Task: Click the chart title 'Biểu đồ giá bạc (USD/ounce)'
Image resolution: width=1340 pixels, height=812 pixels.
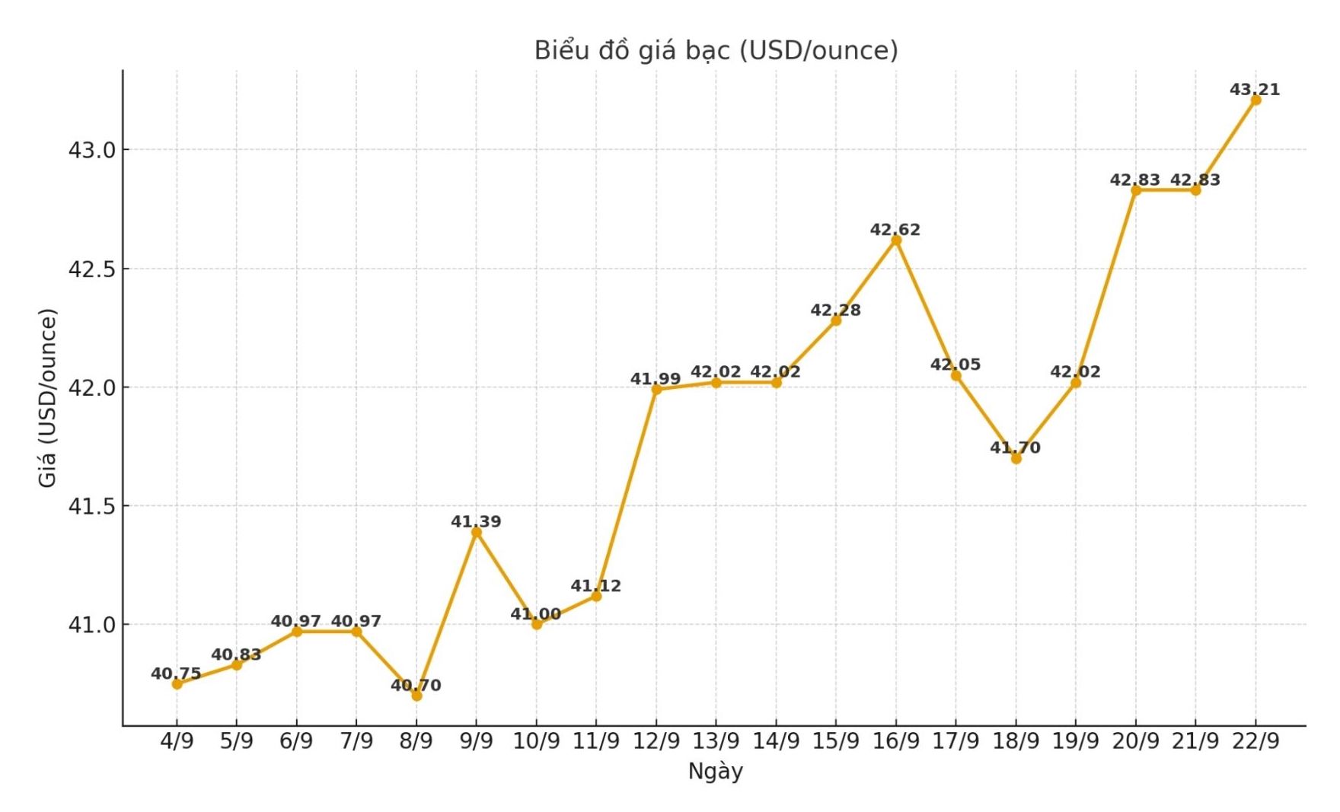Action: tap(716, 50)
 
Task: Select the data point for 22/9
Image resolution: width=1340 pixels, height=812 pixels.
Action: tap(1255, 100)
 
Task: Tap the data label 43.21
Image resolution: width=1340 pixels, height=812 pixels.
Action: tap(1255, 90)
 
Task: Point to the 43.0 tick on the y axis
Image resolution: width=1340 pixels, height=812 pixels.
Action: tap(91, 150)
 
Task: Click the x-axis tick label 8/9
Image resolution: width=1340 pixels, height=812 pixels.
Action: tap(416, 740)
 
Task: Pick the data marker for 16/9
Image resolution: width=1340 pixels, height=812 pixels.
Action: tap(896, 240)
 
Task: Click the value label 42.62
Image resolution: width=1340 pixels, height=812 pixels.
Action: tap(895, 230)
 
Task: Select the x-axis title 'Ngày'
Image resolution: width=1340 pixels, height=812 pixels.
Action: tap(715, 771)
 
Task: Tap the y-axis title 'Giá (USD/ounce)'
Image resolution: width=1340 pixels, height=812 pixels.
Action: tap(47, 397)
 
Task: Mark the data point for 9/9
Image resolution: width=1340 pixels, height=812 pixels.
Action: tap(477, 532)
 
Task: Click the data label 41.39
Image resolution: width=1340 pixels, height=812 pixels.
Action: tap(476, 522)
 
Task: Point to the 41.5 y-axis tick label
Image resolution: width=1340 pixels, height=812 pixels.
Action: tap(91, 506)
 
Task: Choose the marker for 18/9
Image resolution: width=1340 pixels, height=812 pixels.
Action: tap(1016, 458)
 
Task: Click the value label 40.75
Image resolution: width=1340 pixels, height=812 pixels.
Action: tap(176, 673)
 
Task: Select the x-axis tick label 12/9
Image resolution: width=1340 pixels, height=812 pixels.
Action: tap(656, 740)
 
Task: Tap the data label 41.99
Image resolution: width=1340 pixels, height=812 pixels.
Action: tap(656, 379)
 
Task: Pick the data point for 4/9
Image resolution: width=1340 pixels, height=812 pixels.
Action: tap(177, 684)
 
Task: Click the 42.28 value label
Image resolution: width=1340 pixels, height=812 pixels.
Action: tap(835, 310)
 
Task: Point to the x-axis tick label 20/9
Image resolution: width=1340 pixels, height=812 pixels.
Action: tap(1135, 740)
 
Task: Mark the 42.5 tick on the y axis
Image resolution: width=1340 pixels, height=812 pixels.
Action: tap(91, 269)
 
